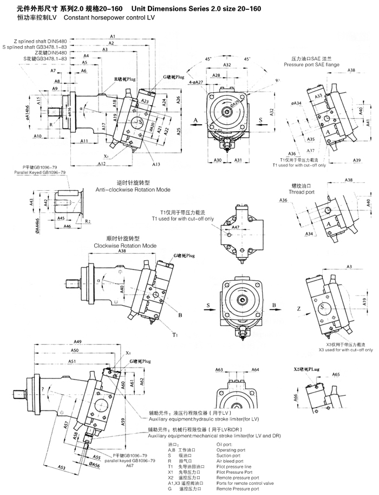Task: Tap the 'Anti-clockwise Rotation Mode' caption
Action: click(133, 190)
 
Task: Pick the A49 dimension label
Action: click(77, 342)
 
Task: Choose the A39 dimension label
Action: click(357, 160)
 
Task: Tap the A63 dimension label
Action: click(219, 370)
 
